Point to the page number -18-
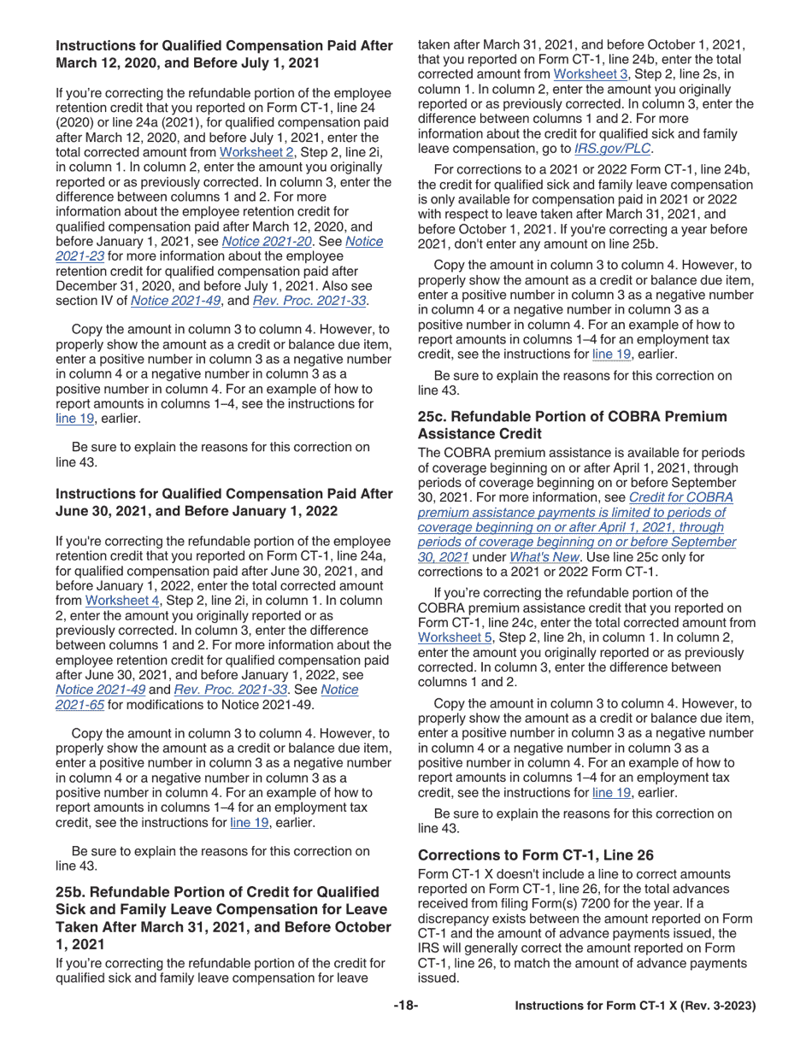pos(405,1006)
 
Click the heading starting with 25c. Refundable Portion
pos(572,425)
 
